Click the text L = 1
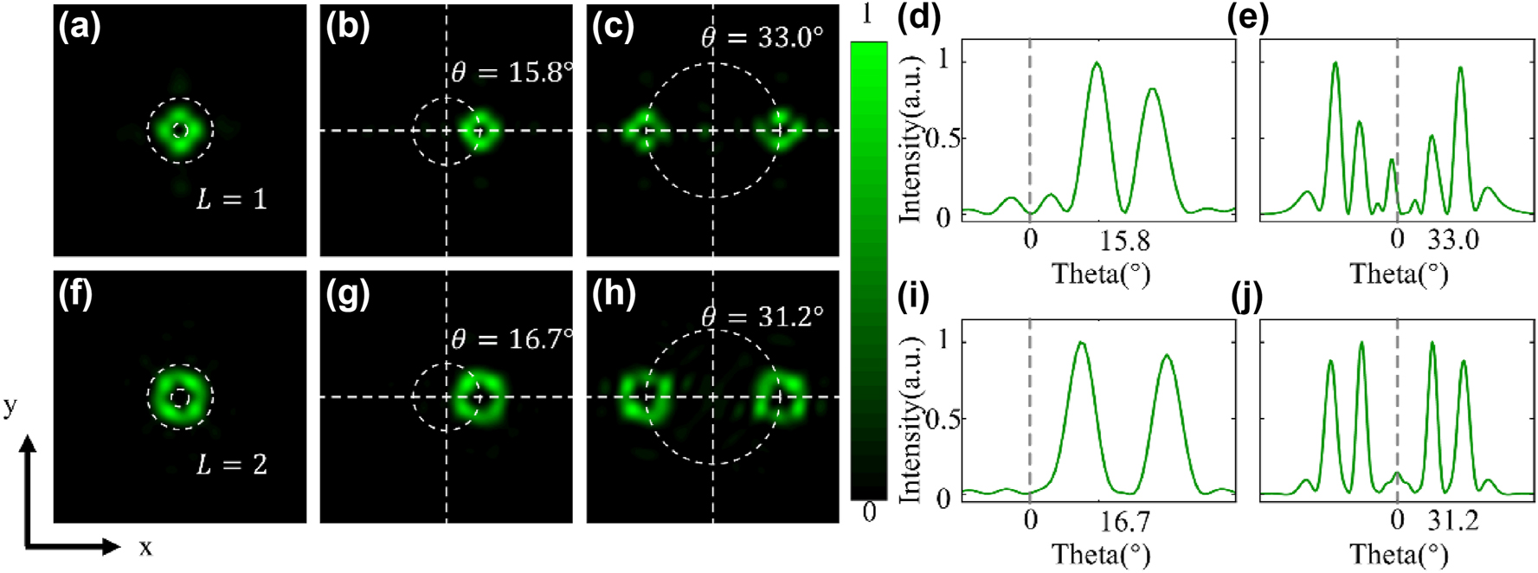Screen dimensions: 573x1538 coord(231,200)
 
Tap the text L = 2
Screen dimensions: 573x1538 coord(231,465)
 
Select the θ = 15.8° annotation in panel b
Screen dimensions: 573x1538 coord(512,73)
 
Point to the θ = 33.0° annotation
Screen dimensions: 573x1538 coord(762,37)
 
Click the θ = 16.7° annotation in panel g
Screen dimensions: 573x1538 coord(512,338)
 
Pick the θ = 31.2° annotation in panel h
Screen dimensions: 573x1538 coord(762,317)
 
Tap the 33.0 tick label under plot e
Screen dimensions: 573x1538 coord(1452,240)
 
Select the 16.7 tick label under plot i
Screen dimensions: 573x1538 coord(1124,521)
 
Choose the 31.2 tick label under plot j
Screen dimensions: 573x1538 coord(1452,521)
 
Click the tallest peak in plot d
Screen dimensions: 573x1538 coord(1097,63)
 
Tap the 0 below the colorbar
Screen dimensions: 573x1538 coord(869,512)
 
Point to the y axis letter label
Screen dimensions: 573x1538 coord(10,406)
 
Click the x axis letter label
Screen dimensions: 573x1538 coord(145,548)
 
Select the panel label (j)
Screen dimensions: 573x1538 coord(1246,297)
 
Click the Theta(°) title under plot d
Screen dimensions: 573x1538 coord(1101,274)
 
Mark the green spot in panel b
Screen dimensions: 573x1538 coord(479,132)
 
